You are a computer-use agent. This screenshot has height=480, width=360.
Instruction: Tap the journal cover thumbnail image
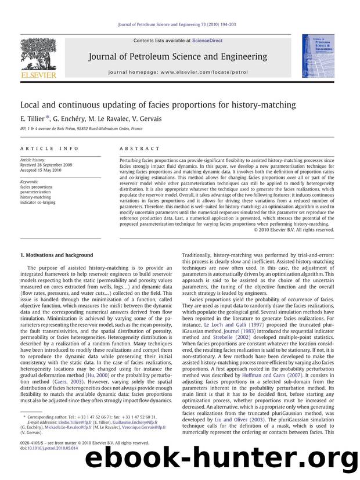[x=314, y=56]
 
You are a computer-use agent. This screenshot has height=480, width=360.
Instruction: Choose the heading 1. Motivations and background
[x=56, y=255]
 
